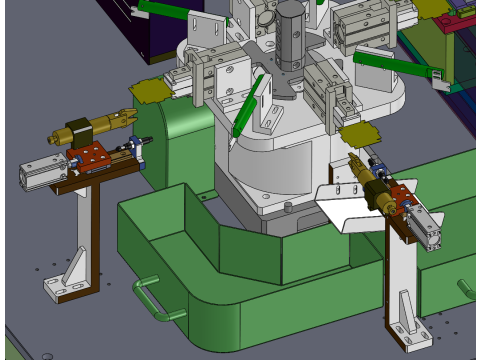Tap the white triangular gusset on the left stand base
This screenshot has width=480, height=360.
click(73, 268)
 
